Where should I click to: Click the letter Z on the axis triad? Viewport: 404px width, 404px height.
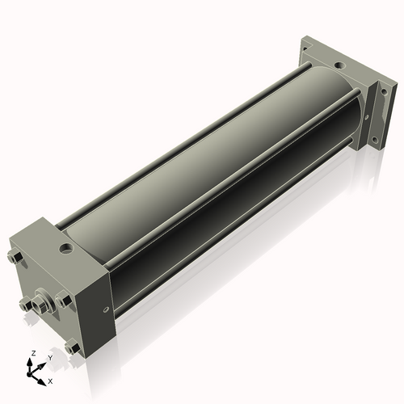point(34,353)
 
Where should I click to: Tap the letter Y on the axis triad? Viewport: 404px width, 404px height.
point(50,358)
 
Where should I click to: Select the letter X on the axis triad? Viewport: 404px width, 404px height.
point(50,381)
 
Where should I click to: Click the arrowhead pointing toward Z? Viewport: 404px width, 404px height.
point(30,362)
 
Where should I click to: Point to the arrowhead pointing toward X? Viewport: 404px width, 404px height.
point(41,382)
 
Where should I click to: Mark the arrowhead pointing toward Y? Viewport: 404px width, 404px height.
point(41,366)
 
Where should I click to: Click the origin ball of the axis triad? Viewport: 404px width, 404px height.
point(29,374)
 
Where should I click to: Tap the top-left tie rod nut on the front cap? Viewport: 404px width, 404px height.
point(15,258)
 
